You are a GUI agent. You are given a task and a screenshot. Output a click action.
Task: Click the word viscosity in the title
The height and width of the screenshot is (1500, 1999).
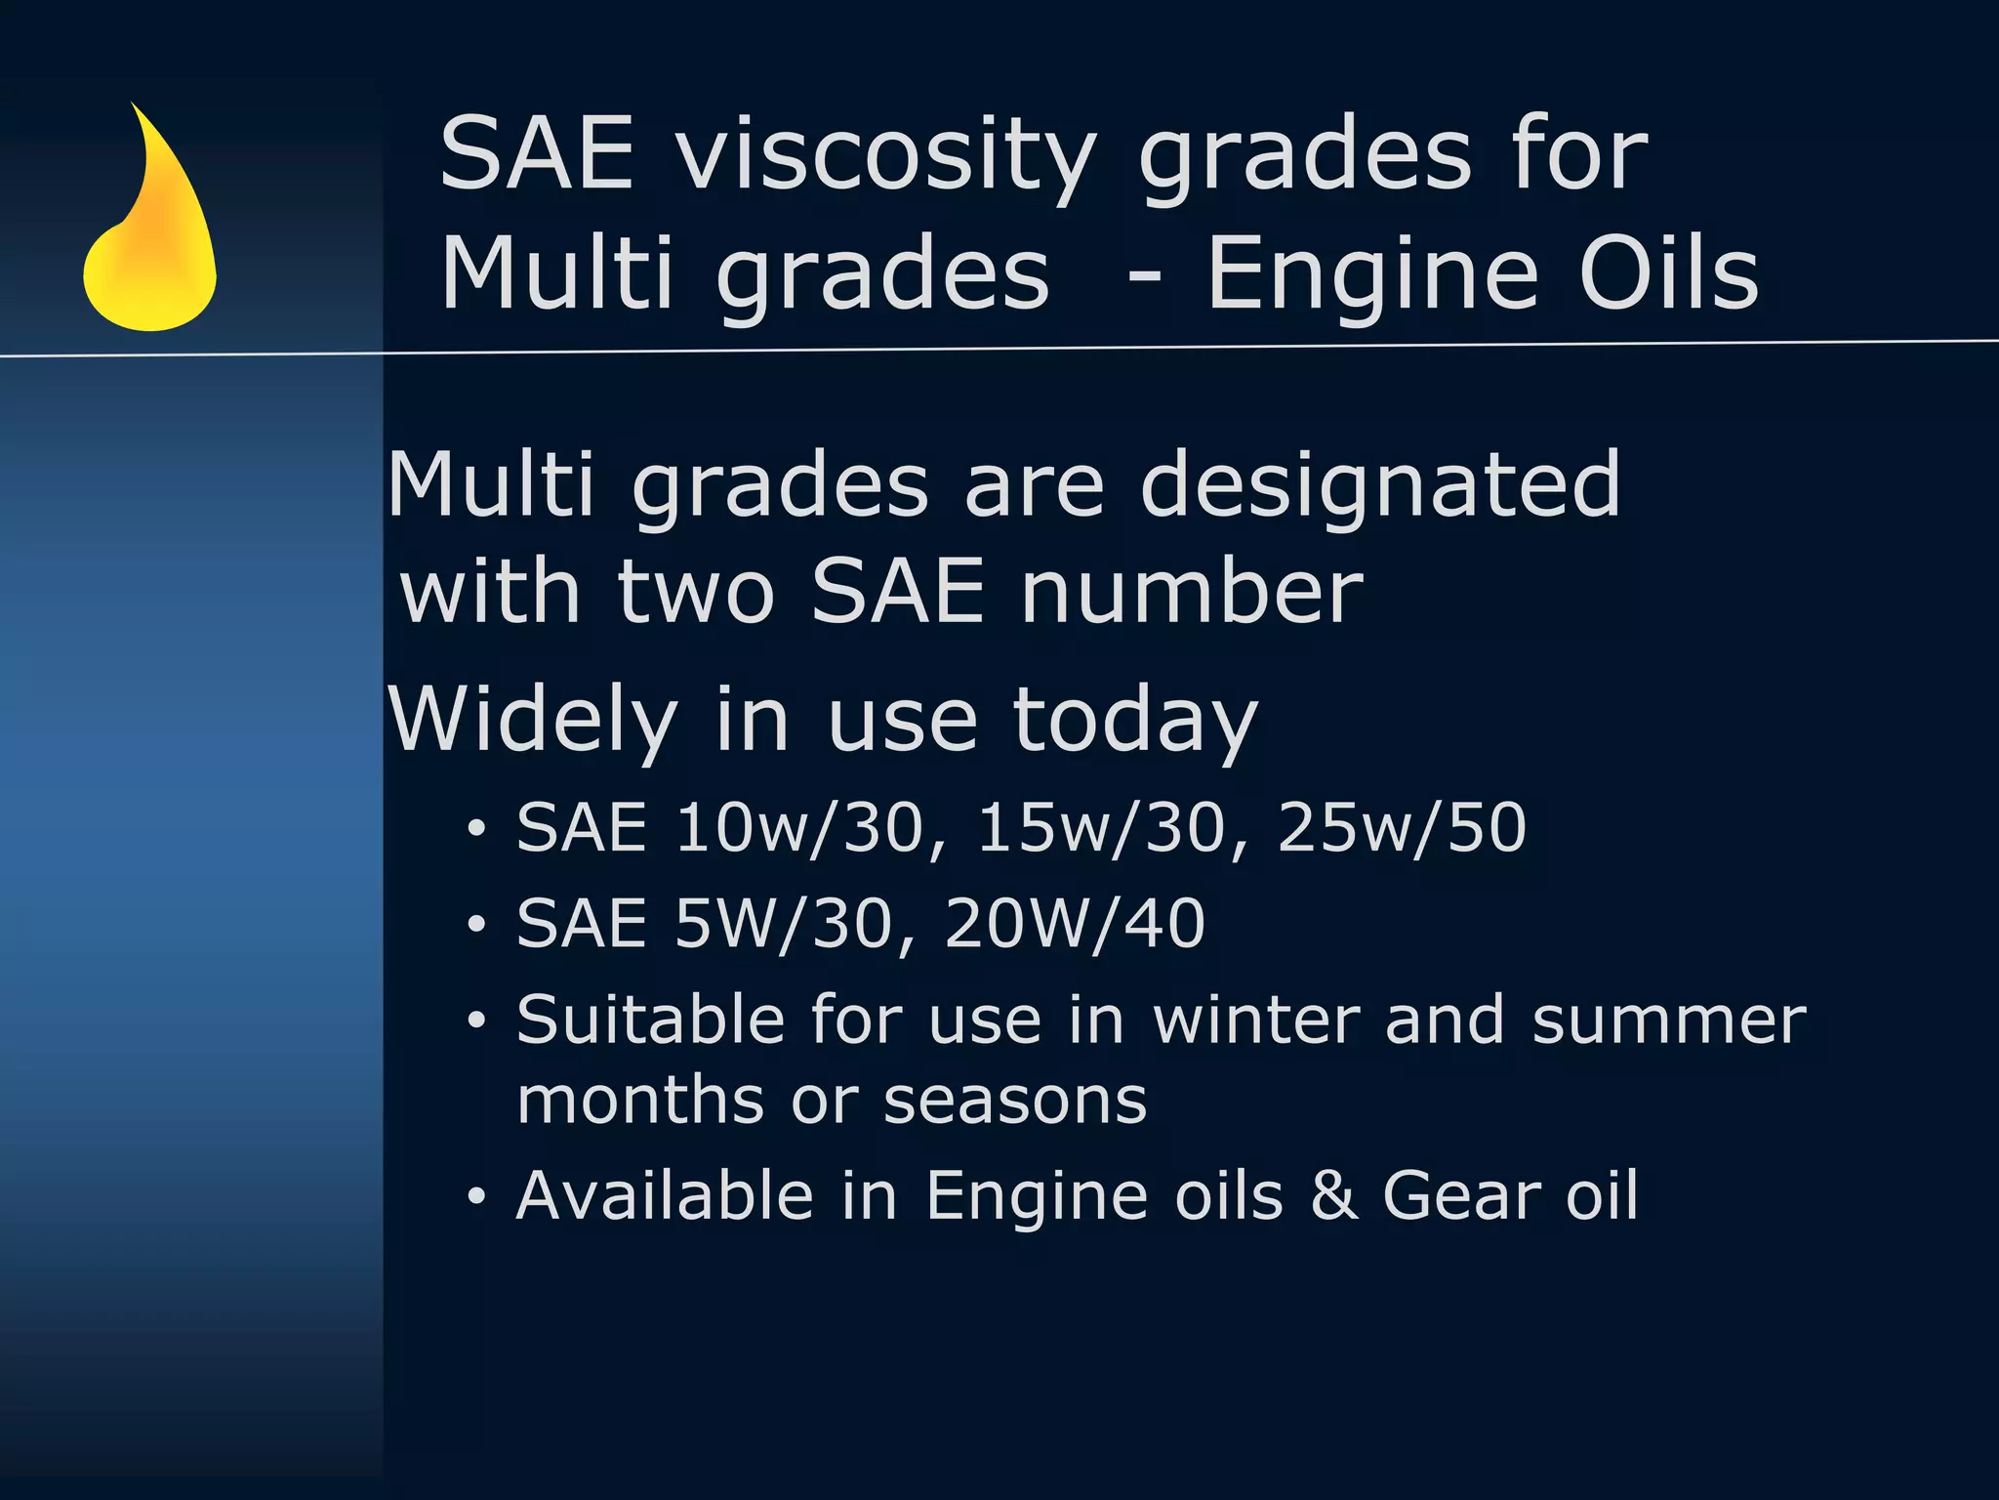[x=886, y=156]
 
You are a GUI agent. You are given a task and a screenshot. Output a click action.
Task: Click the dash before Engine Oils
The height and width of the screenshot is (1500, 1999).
[x=1144, y=278]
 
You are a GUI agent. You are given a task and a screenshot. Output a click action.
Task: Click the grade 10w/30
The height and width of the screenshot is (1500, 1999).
[x=798, y=828]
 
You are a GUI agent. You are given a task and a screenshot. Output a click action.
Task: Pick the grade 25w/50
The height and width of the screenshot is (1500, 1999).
[x=1401, y=828]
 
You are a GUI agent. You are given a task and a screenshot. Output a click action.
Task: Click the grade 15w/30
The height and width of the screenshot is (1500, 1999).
[x=1100, y=828]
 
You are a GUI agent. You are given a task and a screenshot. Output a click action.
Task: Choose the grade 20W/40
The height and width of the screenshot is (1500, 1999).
[x=1074, y=924]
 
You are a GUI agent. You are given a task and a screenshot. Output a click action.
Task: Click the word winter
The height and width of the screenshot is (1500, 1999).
[x=1256, y=1021]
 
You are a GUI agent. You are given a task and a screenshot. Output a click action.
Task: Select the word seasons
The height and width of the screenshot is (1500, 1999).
[x=1014, y=1102]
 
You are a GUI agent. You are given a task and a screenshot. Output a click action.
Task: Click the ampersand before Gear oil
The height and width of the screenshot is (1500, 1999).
[x=1333, y=1195]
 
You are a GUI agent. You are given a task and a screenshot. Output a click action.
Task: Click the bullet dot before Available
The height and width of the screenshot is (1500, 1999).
[x=475, y=1196]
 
